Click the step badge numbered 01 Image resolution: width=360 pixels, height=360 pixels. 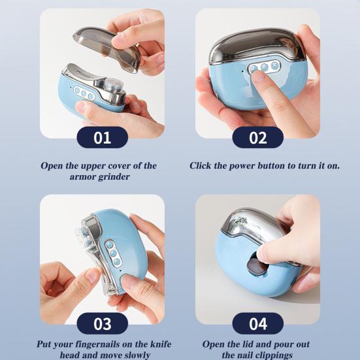(102, 137)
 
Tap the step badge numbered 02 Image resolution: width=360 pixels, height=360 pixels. (258, 137)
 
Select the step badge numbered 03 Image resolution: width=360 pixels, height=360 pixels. (102, 323)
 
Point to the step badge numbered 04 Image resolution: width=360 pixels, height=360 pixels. (258, 323)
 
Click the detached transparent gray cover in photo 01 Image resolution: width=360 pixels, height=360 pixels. (106, 48)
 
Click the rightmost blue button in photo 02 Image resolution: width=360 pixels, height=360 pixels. (274, 66)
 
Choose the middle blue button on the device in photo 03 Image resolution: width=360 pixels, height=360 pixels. (113, 254)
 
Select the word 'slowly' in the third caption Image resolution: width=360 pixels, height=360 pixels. (137, 355)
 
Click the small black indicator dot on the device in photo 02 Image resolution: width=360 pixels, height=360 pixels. (242, 71)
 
